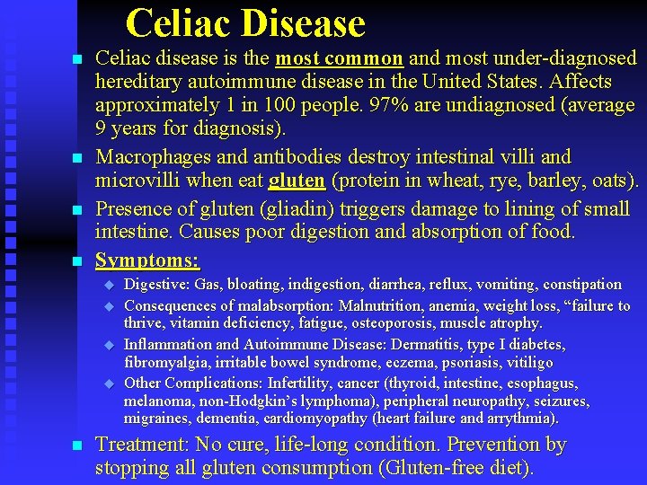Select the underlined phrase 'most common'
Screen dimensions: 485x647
point(339,59)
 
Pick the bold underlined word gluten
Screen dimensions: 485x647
point(297,181)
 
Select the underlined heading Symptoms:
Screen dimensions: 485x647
point(148,261)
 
